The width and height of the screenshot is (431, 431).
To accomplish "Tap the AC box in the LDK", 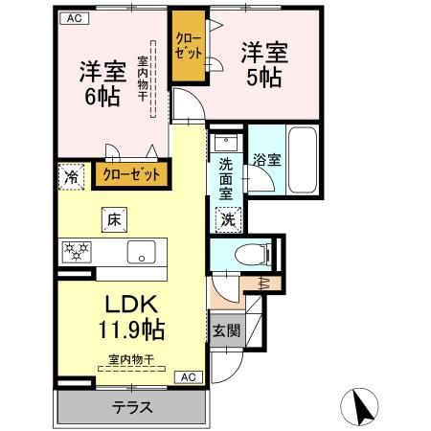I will click(189, 376).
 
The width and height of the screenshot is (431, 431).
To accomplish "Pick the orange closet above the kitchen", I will click(131, 175).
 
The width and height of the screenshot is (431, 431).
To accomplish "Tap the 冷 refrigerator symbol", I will click(70, 176).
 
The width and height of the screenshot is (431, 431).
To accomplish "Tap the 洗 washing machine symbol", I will click(228, 219).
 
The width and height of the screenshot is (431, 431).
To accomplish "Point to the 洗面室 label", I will click(226, 178).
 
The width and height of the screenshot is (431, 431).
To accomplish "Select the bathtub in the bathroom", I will click(303, 161).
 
